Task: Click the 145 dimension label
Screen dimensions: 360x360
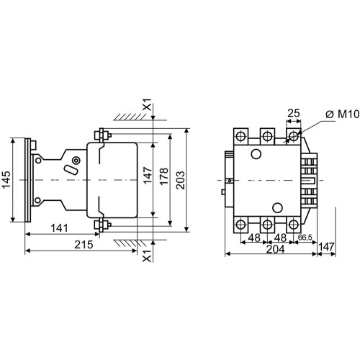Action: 6,180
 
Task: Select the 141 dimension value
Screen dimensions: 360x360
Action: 60,228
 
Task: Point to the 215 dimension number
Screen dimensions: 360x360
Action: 84,245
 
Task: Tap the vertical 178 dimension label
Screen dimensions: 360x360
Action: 164,176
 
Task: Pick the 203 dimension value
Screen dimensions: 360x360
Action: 181,180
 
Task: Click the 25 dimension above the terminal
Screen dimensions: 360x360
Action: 294,113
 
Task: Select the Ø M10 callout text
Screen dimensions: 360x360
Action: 343,114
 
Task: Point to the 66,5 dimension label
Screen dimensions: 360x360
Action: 305,238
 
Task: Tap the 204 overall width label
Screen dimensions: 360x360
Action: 276,249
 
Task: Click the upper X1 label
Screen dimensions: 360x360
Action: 147,104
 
